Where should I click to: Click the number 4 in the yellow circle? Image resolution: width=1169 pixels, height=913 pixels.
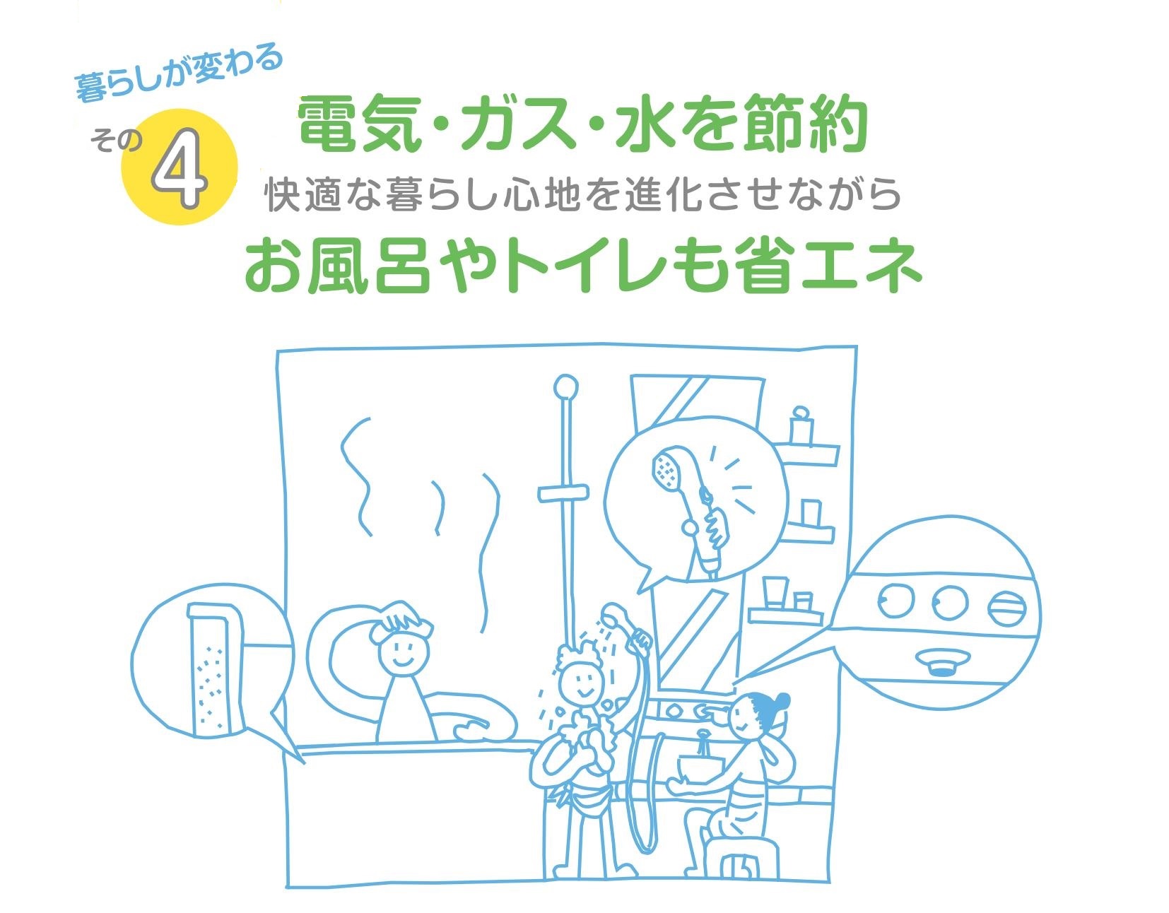coord(179,167)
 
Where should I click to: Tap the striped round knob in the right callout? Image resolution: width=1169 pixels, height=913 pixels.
coord(1006,608)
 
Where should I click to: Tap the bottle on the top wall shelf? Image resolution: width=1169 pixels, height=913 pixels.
coord(801,425)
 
